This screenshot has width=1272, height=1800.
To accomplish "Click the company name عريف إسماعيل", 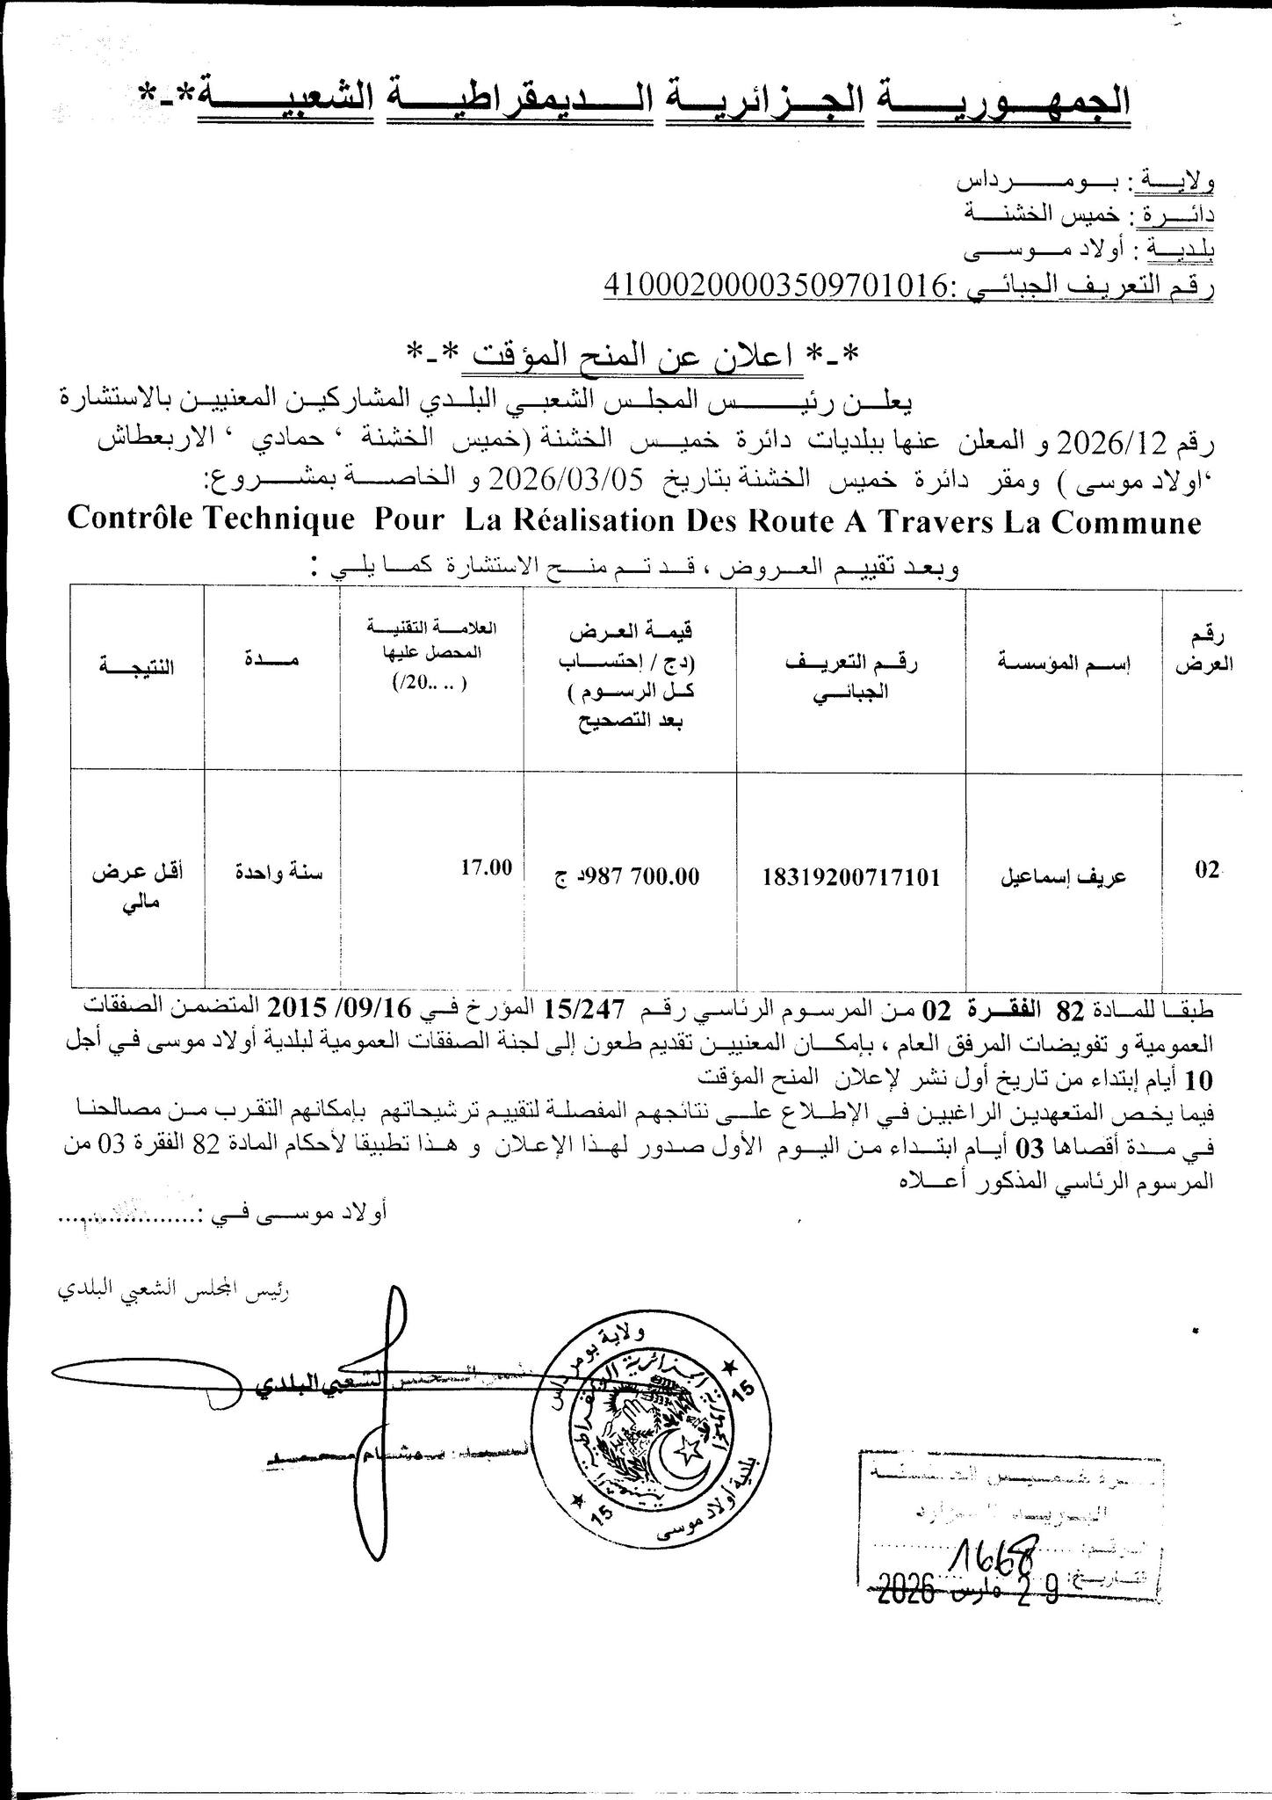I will [1066, 876].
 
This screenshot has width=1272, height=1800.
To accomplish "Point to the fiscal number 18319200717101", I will [851, 876].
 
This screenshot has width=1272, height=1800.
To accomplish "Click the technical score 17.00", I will [486, 867].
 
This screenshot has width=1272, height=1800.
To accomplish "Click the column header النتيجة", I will [137, 666].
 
